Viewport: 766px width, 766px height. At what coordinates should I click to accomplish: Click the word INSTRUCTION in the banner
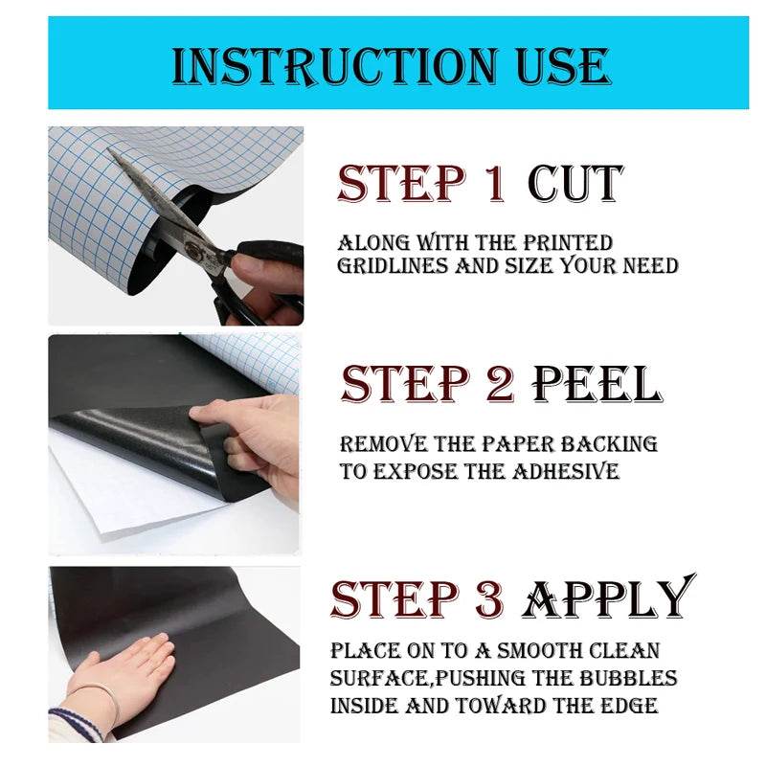pos(335,66)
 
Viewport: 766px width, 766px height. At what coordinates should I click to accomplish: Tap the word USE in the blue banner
pos(563,66)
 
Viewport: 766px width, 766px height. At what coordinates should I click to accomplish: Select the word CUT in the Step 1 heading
pos(575,184)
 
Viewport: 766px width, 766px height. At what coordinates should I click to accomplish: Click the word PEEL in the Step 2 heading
pos(597,384)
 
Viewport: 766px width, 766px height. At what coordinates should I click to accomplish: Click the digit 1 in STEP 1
pos(496,184)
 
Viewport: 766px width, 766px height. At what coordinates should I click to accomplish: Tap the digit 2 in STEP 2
pos(500,384)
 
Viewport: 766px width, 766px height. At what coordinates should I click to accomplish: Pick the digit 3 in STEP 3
pos(490,599)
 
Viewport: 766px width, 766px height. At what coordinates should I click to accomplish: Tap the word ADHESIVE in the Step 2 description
pos(566,471)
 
